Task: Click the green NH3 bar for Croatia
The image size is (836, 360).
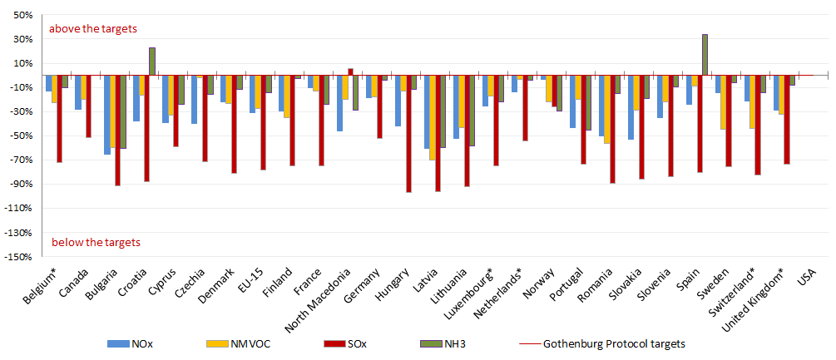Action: click(152, 62)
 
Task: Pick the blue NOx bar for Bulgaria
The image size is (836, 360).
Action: click(107, 114)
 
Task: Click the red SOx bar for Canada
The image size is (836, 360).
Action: click(88, 106)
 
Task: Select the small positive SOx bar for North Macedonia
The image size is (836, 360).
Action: click(350, 72)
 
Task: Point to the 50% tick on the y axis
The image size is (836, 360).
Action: click(22, 15)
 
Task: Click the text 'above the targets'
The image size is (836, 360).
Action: click(92, 28)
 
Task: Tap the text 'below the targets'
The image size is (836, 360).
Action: click(96, 242)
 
